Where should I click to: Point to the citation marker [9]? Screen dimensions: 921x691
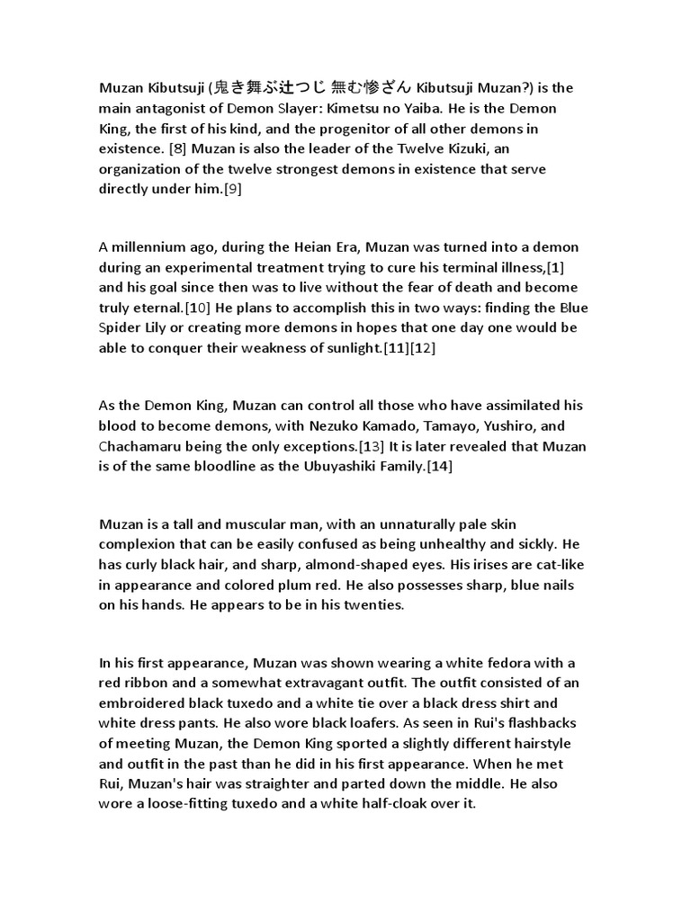tap(229, 190)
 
